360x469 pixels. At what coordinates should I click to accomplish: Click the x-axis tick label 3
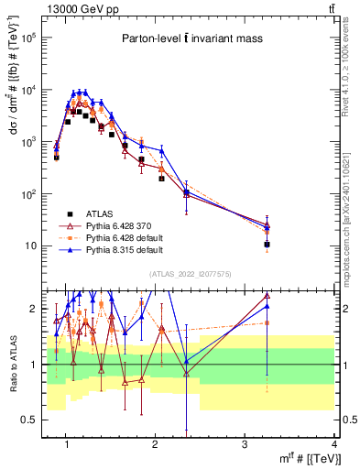pyautogui.click(x=245, y=444)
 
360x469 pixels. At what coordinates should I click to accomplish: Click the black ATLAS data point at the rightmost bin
pyautogui.click(x=267, y=245)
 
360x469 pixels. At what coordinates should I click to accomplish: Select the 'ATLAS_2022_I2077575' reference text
pyautogui.click(x=190, y=274)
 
